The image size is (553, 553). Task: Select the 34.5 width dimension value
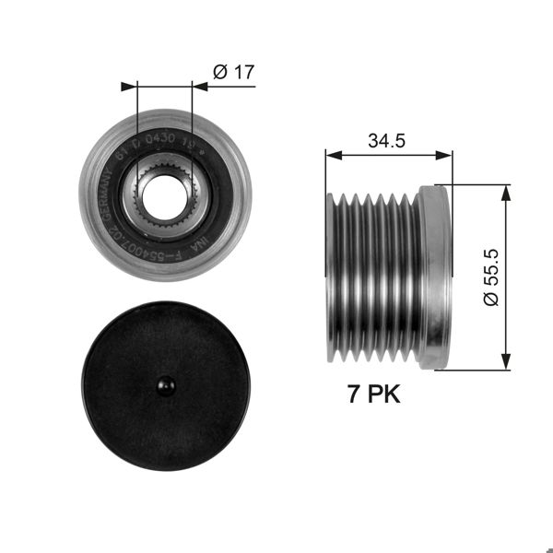388,141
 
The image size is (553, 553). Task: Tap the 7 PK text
372,396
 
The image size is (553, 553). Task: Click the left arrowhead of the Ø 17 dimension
129,88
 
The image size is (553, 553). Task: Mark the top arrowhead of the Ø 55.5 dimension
504,191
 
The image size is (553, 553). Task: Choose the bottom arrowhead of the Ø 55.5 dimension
504,362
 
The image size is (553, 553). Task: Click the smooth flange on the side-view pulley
433,276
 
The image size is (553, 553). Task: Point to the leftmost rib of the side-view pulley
335,276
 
